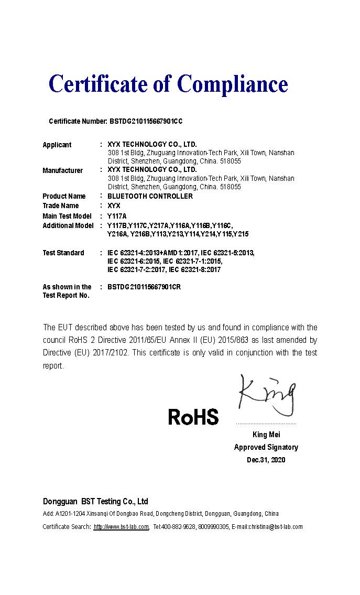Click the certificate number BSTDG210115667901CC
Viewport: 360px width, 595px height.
coord(146,121)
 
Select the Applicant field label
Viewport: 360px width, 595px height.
coord(57,145)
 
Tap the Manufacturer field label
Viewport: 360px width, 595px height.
coord(62,170)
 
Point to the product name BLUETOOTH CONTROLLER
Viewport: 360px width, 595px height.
coord(150,196)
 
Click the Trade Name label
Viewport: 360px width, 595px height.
coord(61,205)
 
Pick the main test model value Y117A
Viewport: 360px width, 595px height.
coord(117,216)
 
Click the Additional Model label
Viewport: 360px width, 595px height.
coord(68,225)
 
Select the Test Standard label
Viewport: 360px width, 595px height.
coord(63,253)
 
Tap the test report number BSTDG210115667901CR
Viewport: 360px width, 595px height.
coord(144,287)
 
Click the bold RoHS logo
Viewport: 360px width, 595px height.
coord(193,417)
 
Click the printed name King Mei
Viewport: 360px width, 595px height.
coord(266,435)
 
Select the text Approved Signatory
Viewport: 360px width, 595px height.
coord(266,447)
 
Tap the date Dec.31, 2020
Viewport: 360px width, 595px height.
coord(266,460)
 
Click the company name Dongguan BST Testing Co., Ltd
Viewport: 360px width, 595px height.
coord(95,501)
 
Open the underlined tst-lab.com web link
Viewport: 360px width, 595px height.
coord(121,527)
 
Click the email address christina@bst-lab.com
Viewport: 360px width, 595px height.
coord(276,527)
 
